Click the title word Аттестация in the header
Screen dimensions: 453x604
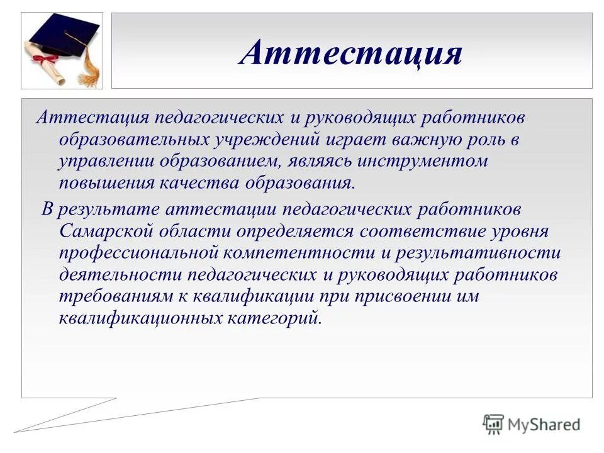350,53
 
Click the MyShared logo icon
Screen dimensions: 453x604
493,425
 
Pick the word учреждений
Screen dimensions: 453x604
272,140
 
